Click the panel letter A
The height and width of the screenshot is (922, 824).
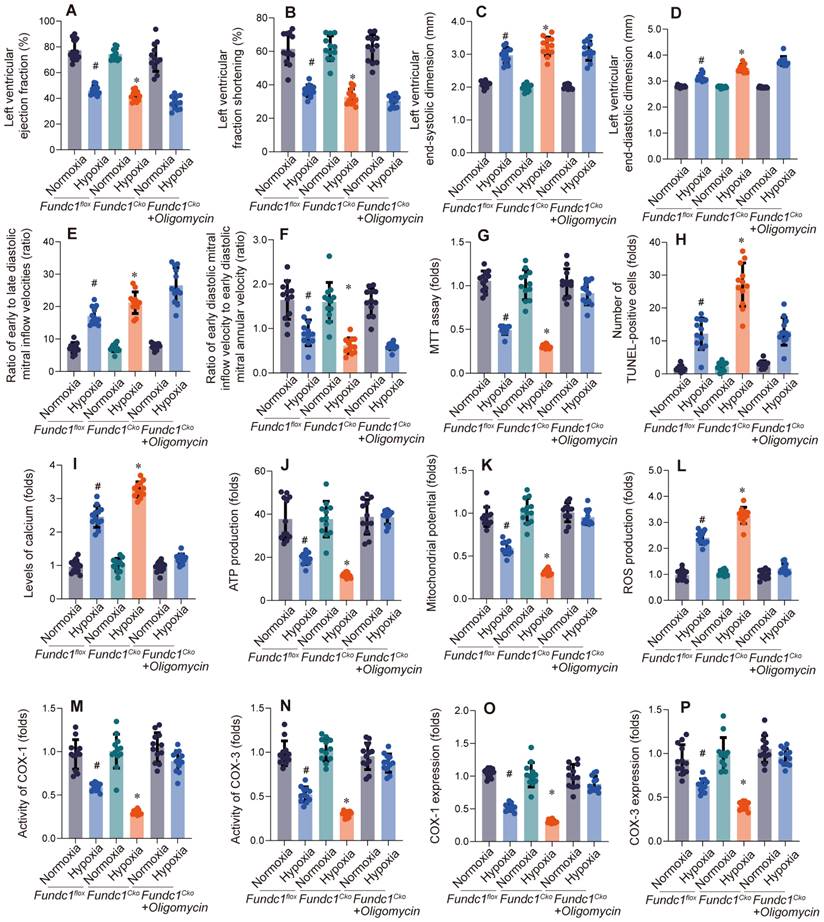[71, 11]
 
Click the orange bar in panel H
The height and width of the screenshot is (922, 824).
[742, 328]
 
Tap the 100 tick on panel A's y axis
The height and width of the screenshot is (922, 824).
[47, 21]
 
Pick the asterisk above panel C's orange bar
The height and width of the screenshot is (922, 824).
[546, 28]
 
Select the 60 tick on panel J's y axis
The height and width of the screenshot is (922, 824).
[258, 471]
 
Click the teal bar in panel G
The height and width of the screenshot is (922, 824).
[528, 330]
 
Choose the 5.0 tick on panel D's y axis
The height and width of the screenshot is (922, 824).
[654, 29]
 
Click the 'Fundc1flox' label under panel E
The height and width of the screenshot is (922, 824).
[59, 429]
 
